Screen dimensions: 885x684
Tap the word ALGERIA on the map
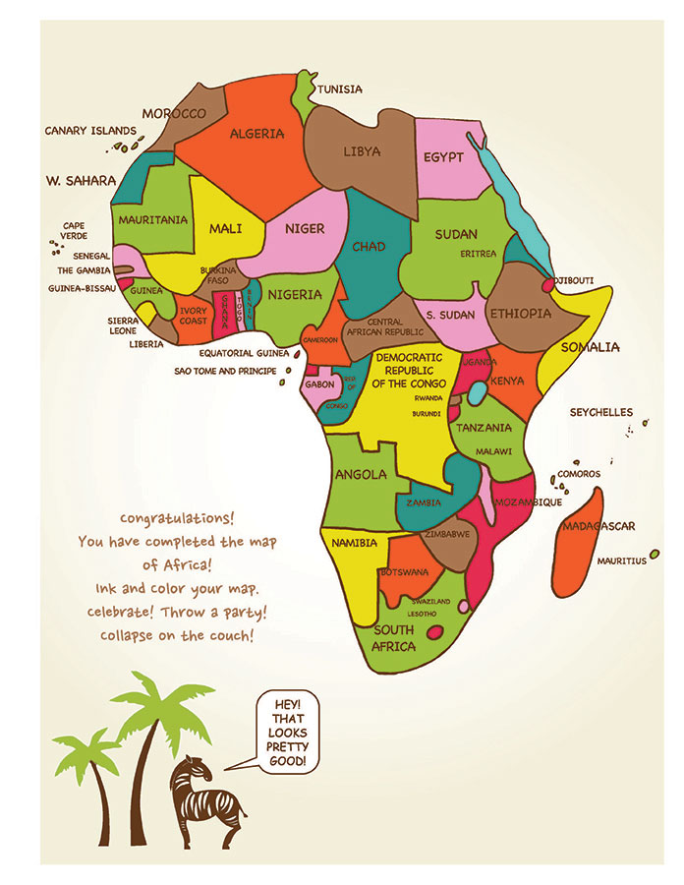256,134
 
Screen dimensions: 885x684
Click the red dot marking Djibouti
548,285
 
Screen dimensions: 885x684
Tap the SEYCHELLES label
601,413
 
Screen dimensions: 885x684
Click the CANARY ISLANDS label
90,130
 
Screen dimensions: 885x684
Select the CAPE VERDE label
74,231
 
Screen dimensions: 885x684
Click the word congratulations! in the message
177,518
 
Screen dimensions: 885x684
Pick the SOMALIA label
590,347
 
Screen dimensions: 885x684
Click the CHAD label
369,247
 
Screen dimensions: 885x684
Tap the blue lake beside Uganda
476,393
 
